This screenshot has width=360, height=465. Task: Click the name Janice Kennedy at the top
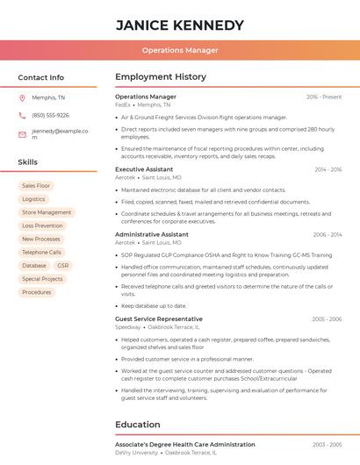click(x=180, y=25)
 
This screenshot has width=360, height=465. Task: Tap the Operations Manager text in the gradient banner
click(x=180, y=50)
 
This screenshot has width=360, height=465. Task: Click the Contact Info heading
click(x=40, y=77)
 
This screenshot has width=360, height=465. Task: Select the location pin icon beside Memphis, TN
click(x=22, y=98)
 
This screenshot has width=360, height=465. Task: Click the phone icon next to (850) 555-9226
click(x=22, y=116)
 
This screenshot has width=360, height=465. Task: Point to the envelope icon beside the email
click(x=22, y=134)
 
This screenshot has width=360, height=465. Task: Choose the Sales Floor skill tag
click(x=36, y=186)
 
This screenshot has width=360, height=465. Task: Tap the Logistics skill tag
click(x=33, y=199)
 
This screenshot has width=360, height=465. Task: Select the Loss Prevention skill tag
click(x=42, y=225)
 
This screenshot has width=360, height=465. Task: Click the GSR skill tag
click(x=62, y=266)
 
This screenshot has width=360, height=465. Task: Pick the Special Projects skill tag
click(x=42, y=279)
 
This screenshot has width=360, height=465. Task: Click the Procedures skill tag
click(x=36, y=292)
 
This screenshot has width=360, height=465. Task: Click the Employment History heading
click(x=161, y=77)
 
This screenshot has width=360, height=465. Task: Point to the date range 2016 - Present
click(x=323, y=97)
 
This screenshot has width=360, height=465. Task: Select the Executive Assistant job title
click(x=143, y=169)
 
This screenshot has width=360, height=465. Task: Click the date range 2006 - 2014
click(x=327, y=235)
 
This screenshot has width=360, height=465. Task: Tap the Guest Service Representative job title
click(x=159, y=319)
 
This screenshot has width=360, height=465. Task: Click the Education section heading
click(x=137, y=425)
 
